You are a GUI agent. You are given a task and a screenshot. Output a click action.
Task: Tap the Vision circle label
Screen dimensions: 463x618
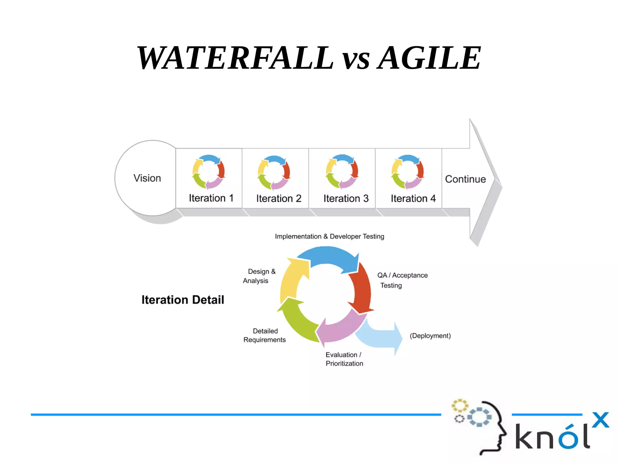tap(147, 178)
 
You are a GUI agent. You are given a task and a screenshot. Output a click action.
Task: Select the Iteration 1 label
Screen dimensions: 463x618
tap(211, 198)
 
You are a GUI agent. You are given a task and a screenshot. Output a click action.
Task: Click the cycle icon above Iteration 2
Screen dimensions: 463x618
tap(274, 172)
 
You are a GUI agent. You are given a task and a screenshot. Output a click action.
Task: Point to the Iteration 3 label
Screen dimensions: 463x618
tap(346, 198)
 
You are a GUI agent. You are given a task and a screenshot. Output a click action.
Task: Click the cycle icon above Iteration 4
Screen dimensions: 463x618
tap(408, 172)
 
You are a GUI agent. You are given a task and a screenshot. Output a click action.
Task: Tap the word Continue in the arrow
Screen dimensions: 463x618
tap(465, 179)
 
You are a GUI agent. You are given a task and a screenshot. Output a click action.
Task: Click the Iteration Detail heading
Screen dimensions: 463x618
tap(183, 300)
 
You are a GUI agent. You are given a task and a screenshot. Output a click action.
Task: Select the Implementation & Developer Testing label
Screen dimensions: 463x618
tap(329, 236)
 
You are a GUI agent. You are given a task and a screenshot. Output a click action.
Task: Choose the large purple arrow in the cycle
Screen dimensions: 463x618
tap(341, 329)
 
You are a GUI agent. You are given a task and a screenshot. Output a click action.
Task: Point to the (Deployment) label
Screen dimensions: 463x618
tap(430, 336)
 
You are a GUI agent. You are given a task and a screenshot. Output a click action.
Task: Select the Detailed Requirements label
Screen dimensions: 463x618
tap(265, 335)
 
